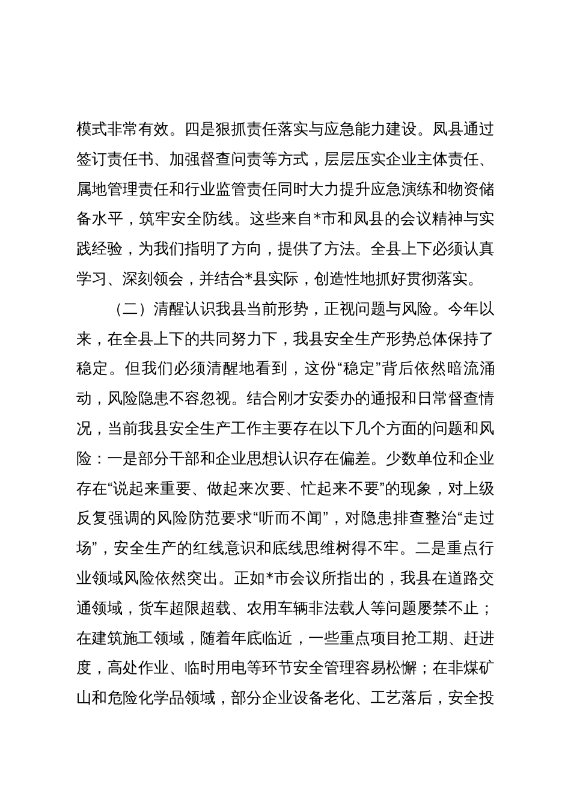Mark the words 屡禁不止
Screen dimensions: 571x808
(x=448, y=610)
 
